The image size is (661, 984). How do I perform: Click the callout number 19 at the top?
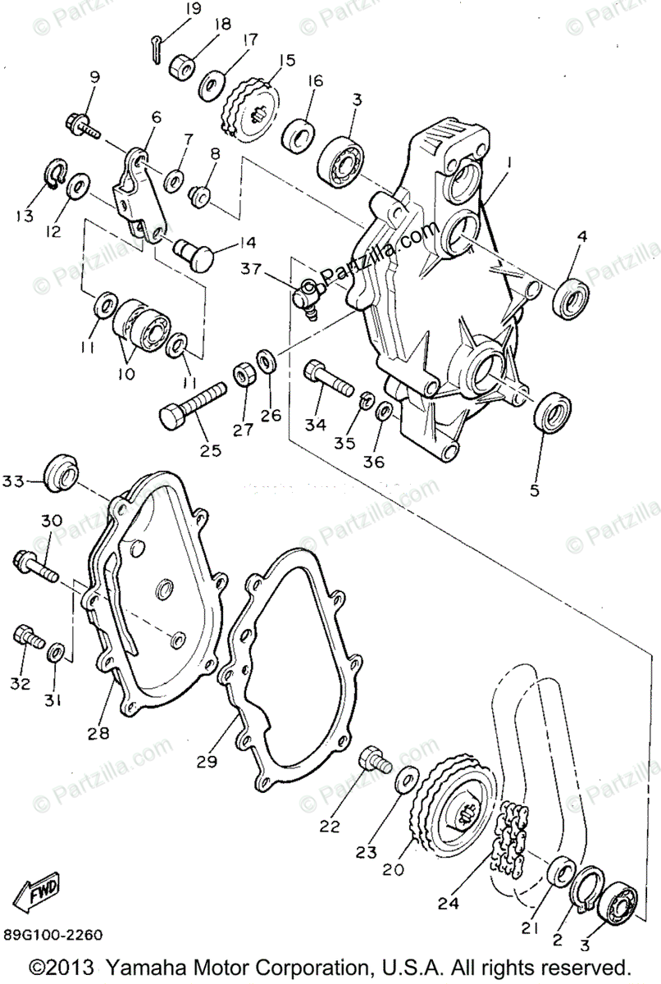(193, 9)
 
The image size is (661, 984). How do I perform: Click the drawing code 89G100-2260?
(52, 934)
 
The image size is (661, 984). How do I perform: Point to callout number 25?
(211, 450)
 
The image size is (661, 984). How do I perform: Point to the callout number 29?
(207, 761)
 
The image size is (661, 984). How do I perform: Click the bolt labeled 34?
(327, 378)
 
